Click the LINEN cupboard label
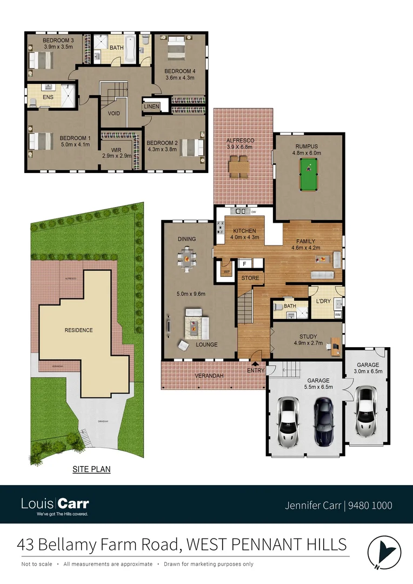pos(151,107)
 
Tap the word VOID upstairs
pos(114,114)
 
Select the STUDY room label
pos(308,336)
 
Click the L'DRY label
pos(324,301)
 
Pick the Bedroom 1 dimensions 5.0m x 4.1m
pos(75,145)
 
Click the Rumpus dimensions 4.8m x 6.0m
pos(308,153)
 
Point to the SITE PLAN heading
pos(91,469)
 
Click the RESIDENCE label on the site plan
pos(78,330)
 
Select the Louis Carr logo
pos(55,506)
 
